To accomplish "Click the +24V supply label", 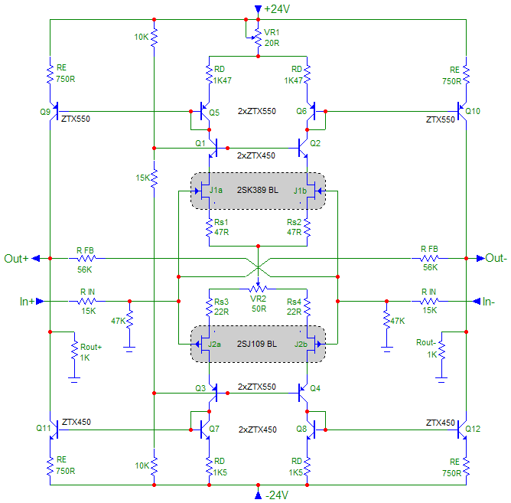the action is click(277, 9).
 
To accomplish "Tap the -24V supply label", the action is click(277, 495).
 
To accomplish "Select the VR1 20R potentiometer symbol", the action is click(258, 38).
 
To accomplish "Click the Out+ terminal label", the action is click(16, 258).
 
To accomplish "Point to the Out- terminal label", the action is click(496, 258).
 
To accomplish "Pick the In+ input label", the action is click(27, 301).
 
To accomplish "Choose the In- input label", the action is click(489, 302).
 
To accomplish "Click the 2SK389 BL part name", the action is click(258, 190).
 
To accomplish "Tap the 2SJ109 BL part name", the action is click(257, 344).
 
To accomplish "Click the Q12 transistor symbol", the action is click(462, 430).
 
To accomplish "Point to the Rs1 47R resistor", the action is click(210, 227).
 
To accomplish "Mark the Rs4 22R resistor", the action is click(307, 307).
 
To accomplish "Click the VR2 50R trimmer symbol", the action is click(258, 288).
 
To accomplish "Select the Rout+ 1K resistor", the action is click(75, 351).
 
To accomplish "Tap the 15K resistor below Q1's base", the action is click(155, 178).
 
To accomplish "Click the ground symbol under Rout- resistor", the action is click(441, 379).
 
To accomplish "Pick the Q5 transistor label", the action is click(214, 113).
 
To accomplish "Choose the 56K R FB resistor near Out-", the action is click(429, 258).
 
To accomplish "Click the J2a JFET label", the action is click(215, 344).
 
